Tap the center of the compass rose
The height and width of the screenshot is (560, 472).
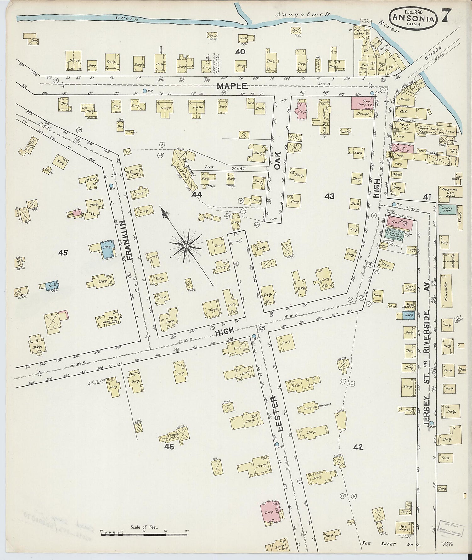pos(186,246)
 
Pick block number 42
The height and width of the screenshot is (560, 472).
pos(358,447)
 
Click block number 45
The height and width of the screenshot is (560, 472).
pos(63,252)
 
